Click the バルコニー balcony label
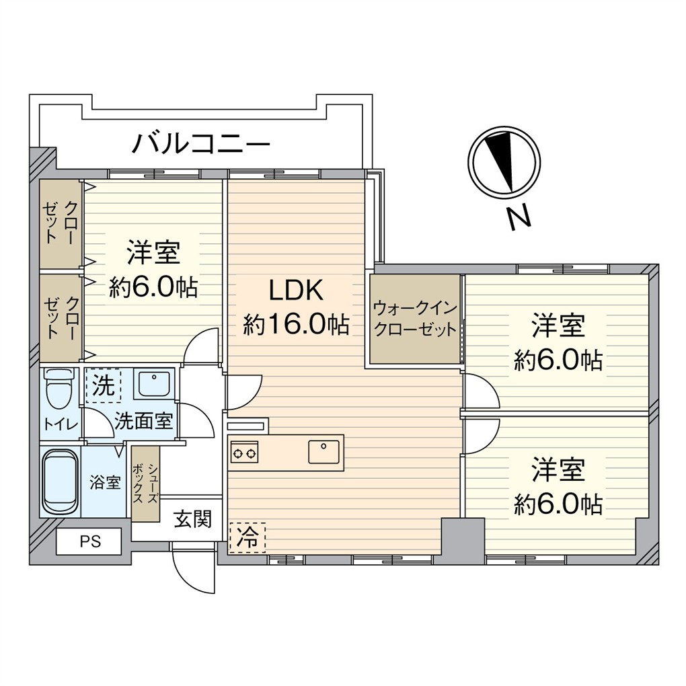tap(200, 143)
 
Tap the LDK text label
tap(296, 291)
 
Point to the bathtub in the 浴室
tap(60, 481)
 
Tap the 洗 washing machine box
tap(103, 386)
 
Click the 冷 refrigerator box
tap(247, 537)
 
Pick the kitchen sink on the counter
tap(326, 451)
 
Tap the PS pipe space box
tap(88, 541)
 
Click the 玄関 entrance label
tap(193, 519)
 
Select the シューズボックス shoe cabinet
tap(145, 483)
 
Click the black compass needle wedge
tap(500, 157)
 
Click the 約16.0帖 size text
tap(296, 326)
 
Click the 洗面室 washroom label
tap(144, 422)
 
